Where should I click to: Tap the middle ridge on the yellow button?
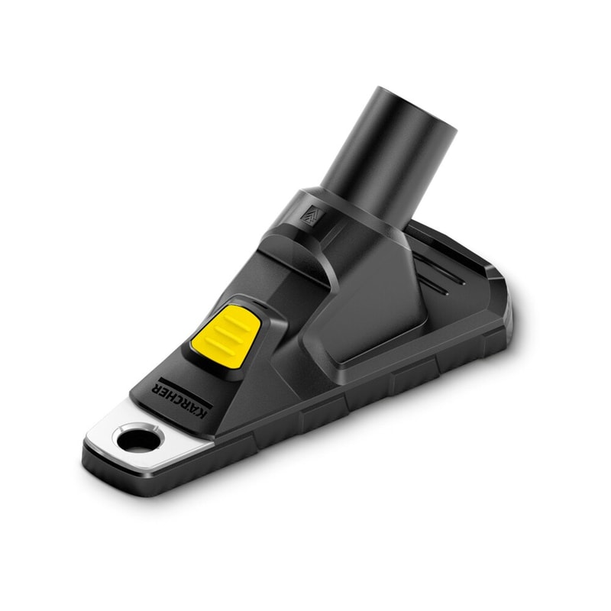(x=225, y=333)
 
